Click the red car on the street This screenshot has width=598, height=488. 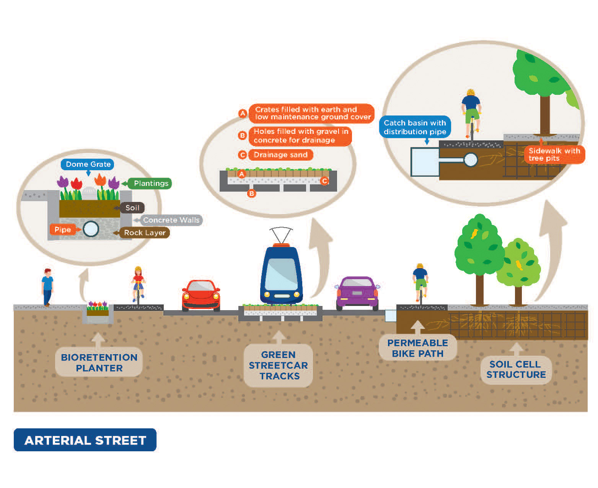(x=201, y=294)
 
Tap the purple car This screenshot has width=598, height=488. (x=357, y=294)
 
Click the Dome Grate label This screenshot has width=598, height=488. (x=88, y=164)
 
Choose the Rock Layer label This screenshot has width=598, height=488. (x=145, y=233)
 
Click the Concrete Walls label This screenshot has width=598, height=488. (x=171, y=220)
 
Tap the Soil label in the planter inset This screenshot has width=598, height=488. (x=132, y=208)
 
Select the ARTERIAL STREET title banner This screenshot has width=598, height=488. (x=85, y=440)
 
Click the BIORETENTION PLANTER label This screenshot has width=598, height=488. (x=99, y=363)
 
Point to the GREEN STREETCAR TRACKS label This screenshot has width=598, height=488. (x=278, y=365)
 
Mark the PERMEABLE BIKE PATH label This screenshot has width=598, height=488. (x=417, y=348)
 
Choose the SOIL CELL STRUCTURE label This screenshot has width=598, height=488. (x=516, y=369)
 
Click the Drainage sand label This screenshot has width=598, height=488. (x=280, y=155)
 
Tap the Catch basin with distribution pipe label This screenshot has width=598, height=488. (x=415, y=127)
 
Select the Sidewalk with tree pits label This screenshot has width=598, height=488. (x=554, y=155)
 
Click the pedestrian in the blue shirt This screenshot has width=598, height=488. (x=47, y=287)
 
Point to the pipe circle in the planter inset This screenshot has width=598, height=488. (x=91, y=229)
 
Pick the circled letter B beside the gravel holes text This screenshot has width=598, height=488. (x=242, y=135)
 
